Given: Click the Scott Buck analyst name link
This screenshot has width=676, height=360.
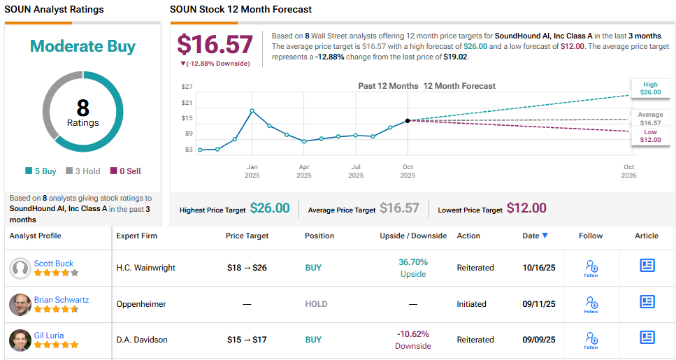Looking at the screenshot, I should click(53, 264).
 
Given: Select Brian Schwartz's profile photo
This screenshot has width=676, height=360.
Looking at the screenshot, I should click(20, 304).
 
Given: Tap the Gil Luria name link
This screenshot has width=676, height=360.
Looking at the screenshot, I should click(49, 336).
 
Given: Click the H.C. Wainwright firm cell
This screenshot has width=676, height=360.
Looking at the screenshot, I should click(145, 268).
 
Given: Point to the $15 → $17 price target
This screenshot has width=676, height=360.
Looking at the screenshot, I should click(247, 340).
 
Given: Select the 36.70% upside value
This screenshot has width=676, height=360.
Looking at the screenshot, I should click(412, 262).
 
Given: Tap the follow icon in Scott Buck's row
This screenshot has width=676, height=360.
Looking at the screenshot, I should click(591, 268).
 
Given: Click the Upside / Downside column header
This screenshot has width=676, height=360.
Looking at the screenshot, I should click(413, 236).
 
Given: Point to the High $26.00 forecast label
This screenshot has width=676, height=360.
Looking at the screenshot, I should click(649, 88).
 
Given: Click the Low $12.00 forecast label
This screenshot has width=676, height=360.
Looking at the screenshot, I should click(650, 136).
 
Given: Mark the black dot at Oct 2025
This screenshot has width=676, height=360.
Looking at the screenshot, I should click(408, 120).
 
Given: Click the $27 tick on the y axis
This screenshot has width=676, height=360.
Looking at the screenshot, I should click(187, 87).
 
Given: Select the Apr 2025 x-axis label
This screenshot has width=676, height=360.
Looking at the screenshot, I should click(304, 171).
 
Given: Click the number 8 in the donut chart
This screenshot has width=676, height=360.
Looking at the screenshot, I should click(82, 108).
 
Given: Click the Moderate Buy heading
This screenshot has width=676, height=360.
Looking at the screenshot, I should click(82, 47).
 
